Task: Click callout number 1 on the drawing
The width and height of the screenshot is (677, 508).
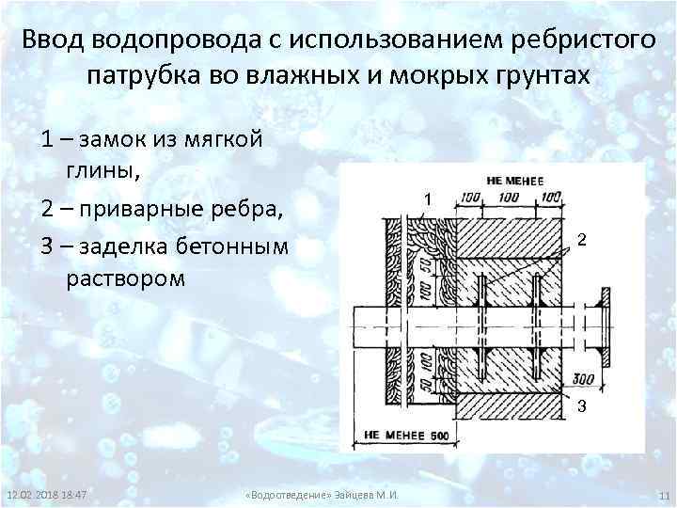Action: [x=427, y=200]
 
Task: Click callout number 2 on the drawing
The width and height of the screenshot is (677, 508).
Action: [x=583, y=241]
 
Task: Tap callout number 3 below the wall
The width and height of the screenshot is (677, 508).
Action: [x=582, y=407]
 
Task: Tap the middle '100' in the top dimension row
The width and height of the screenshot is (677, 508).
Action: [x=508, y=197]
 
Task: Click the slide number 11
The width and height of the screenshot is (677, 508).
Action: [x=662, y=496]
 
